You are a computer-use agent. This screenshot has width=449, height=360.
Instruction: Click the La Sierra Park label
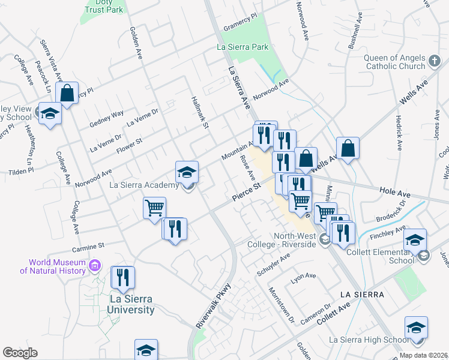pos(242,46)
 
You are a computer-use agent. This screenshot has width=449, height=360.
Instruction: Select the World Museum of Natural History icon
pos(94,265)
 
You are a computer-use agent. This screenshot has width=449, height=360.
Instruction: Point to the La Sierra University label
pos(130,304)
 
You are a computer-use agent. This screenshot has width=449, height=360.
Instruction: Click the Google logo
pos(20,353)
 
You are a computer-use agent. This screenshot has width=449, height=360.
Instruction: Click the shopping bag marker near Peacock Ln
pos(67,94)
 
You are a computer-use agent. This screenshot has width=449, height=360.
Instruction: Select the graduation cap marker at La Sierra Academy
pos(187,172)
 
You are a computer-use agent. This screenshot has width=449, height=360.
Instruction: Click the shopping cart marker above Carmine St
pos(154,208)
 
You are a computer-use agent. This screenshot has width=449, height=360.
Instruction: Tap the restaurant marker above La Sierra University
pos(122,277)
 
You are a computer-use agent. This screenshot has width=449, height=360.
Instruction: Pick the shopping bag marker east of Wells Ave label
pos(348,148)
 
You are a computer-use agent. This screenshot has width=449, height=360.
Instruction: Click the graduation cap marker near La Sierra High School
pos(416,328)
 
